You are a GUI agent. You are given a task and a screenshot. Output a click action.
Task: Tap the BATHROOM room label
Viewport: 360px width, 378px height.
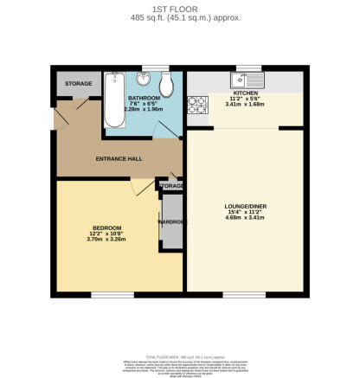pyautogui.click(x=143, y=98)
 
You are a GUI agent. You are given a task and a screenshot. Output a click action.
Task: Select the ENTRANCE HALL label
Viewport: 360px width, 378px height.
pyautogui.click(x=119, y=159)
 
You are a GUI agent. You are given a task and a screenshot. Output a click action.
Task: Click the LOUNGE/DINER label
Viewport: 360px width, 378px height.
pyautogui.click(x=244, y=207)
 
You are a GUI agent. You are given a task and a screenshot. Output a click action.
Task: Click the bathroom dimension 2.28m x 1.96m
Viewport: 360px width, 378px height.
pyautogui.click(x=143, y=110)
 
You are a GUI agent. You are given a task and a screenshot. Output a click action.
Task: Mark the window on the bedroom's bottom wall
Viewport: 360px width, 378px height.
pyautogui.click(x=108, y=294)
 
